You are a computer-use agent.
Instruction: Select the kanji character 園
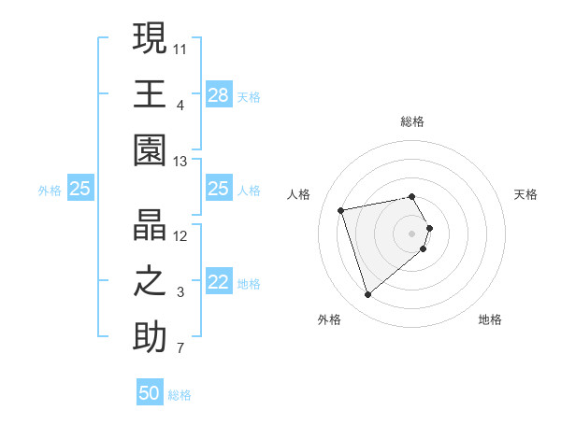coord(150,149)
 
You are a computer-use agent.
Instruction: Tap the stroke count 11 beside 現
coord(180,48)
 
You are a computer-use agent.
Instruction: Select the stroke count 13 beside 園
coord(180,162)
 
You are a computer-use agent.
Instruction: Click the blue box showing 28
coord(219,95)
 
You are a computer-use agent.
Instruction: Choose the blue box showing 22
coord(219,283)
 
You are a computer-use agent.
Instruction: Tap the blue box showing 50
coord(150,393)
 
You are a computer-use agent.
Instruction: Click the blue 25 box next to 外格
coord(80,189)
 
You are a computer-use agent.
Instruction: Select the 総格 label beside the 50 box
coord(180,395)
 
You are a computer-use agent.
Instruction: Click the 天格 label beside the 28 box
coord(249,97)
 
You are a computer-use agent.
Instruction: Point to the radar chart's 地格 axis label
coord(490,319)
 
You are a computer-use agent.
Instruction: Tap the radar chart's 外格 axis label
coord(329,319)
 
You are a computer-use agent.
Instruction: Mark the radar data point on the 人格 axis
coord(341,209)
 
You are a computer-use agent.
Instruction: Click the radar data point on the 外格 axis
coord(367,295)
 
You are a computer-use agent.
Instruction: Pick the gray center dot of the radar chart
coord(411,232)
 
